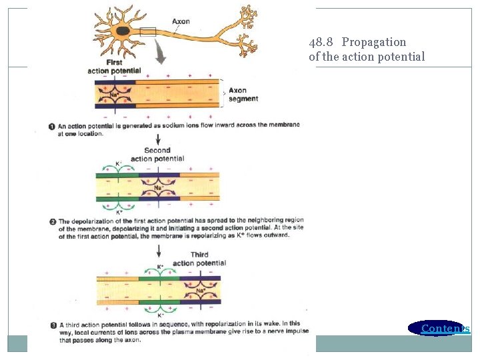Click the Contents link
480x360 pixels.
[445, 328]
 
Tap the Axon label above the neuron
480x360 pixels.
[181, 21]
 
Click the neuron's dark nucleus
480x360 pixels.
[123, 31]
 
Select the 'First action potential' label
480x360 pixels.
[114, 67]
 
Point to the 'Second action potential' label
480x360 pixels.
[157, 155]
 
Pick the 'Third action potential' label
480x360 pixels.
[199, 259]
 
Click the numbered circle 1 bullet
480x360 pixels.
[52, 125]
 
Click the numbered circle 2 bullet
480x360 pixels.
[52, 221]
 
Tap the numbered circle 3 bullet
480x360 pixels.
[53, 325]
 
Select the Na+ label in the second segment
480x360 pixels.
[158, 187]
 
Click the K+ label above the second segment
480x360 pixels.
[118, 164]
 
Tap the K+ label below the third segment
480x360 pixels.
[160, 315]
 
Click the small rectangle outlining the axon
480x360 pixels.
[147, 31]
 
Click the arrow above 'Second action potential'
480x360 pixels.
[158, 139]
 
